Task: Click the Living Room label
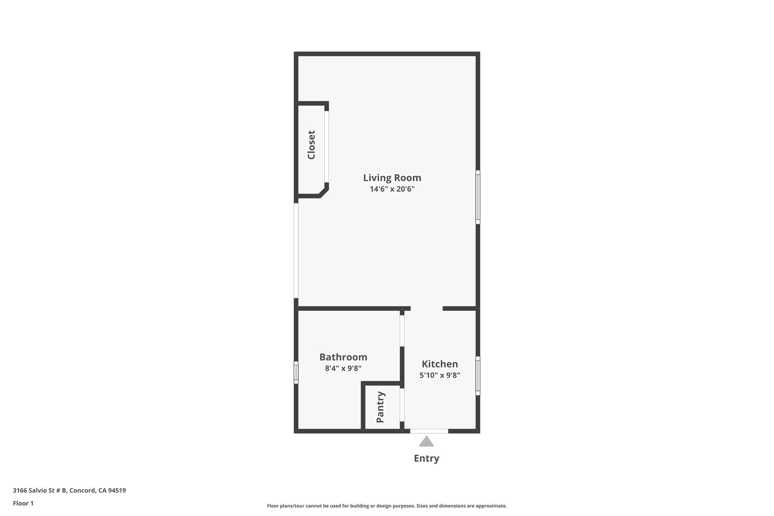[392, 178]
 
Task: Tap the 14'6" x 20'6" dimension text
[392, 189]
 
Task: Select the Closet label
[311, 145]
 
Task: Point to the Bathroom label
[343, 357]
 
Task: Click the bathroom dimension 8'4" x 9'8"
[343, 368]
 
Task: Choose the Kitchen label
[440, 364]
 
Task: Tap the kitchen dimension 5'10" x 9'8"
[440, 375]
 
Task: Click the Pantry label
[381, 407]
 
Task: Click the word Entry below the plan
[426, 459]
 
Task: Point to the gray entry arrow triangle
[426, 442]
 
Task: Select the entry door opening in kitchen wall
[429, 431]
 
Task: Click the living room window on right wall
[478, 197]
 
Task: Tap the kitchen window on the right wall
[478, 376]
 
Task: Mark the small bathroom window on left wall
[296, 372]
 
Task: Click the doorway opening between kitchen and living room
[426, 308]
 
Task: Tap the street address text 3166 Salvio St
[69, 491]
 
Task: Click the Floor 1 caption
[23, 504]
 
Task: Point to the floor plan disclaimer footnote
[387, 506]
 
